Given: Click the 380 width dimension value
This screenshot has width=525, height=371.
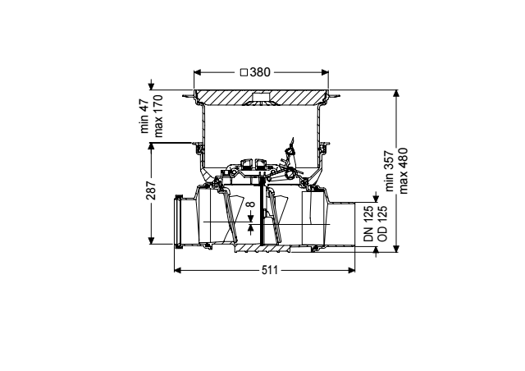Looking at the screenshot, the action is point(260,72).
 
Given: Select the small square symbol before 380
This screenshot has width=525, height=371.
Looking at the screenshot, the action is point(244,72).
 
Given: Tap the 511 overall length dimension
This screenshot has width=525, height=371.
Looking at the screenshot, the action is point(270,270).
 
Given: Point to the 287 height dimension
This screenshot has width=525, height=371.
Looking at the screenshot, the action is point(151,190).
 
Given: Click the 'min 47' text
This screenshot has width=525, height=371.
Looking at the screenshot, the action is point(144,116).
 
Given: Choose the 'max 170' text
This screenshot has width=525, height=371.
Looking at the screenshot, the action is point(157,117).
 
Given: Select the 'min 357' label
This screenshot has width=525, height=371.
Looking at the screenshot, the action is point(390,172).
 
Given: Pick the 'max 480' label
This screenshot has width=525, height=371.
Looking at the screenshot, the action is point(403,171).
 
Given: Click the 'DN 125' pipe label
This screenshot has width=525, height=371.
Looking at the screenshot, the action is point(368,223).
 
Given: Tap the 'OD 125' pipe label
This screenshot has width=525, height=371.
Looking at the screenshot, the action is point(382,223).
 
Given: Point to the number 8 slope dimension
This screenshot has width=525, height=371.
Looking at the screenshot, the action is point(251,204).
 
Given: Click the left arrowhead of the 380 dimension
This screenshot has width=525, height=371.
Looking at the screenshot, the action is point(197,72).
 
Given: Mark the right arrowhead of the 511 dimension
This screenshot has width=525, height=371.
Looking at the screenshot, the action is point(352,270).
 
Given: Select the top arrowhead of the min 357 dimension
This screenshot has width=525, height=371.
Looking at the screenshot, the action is point(396,94).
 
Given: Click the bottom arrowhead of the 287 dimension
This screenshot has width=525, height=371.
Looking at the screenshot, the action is point(151,240).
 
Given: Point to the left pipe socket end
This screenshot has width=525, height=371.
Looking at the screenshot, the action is point(179,221).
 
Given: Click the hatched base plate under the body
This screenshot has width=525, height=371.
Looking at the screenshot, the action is point(263,249).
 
